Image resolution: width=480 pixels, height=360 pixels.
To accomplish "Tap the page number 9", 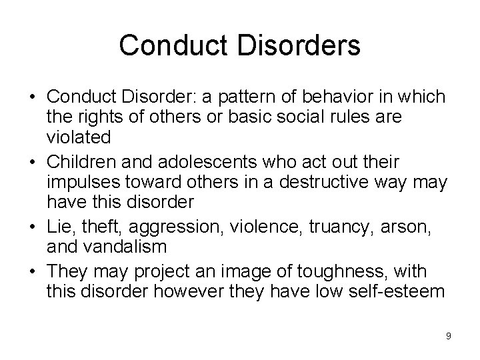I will pos(449,335).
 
